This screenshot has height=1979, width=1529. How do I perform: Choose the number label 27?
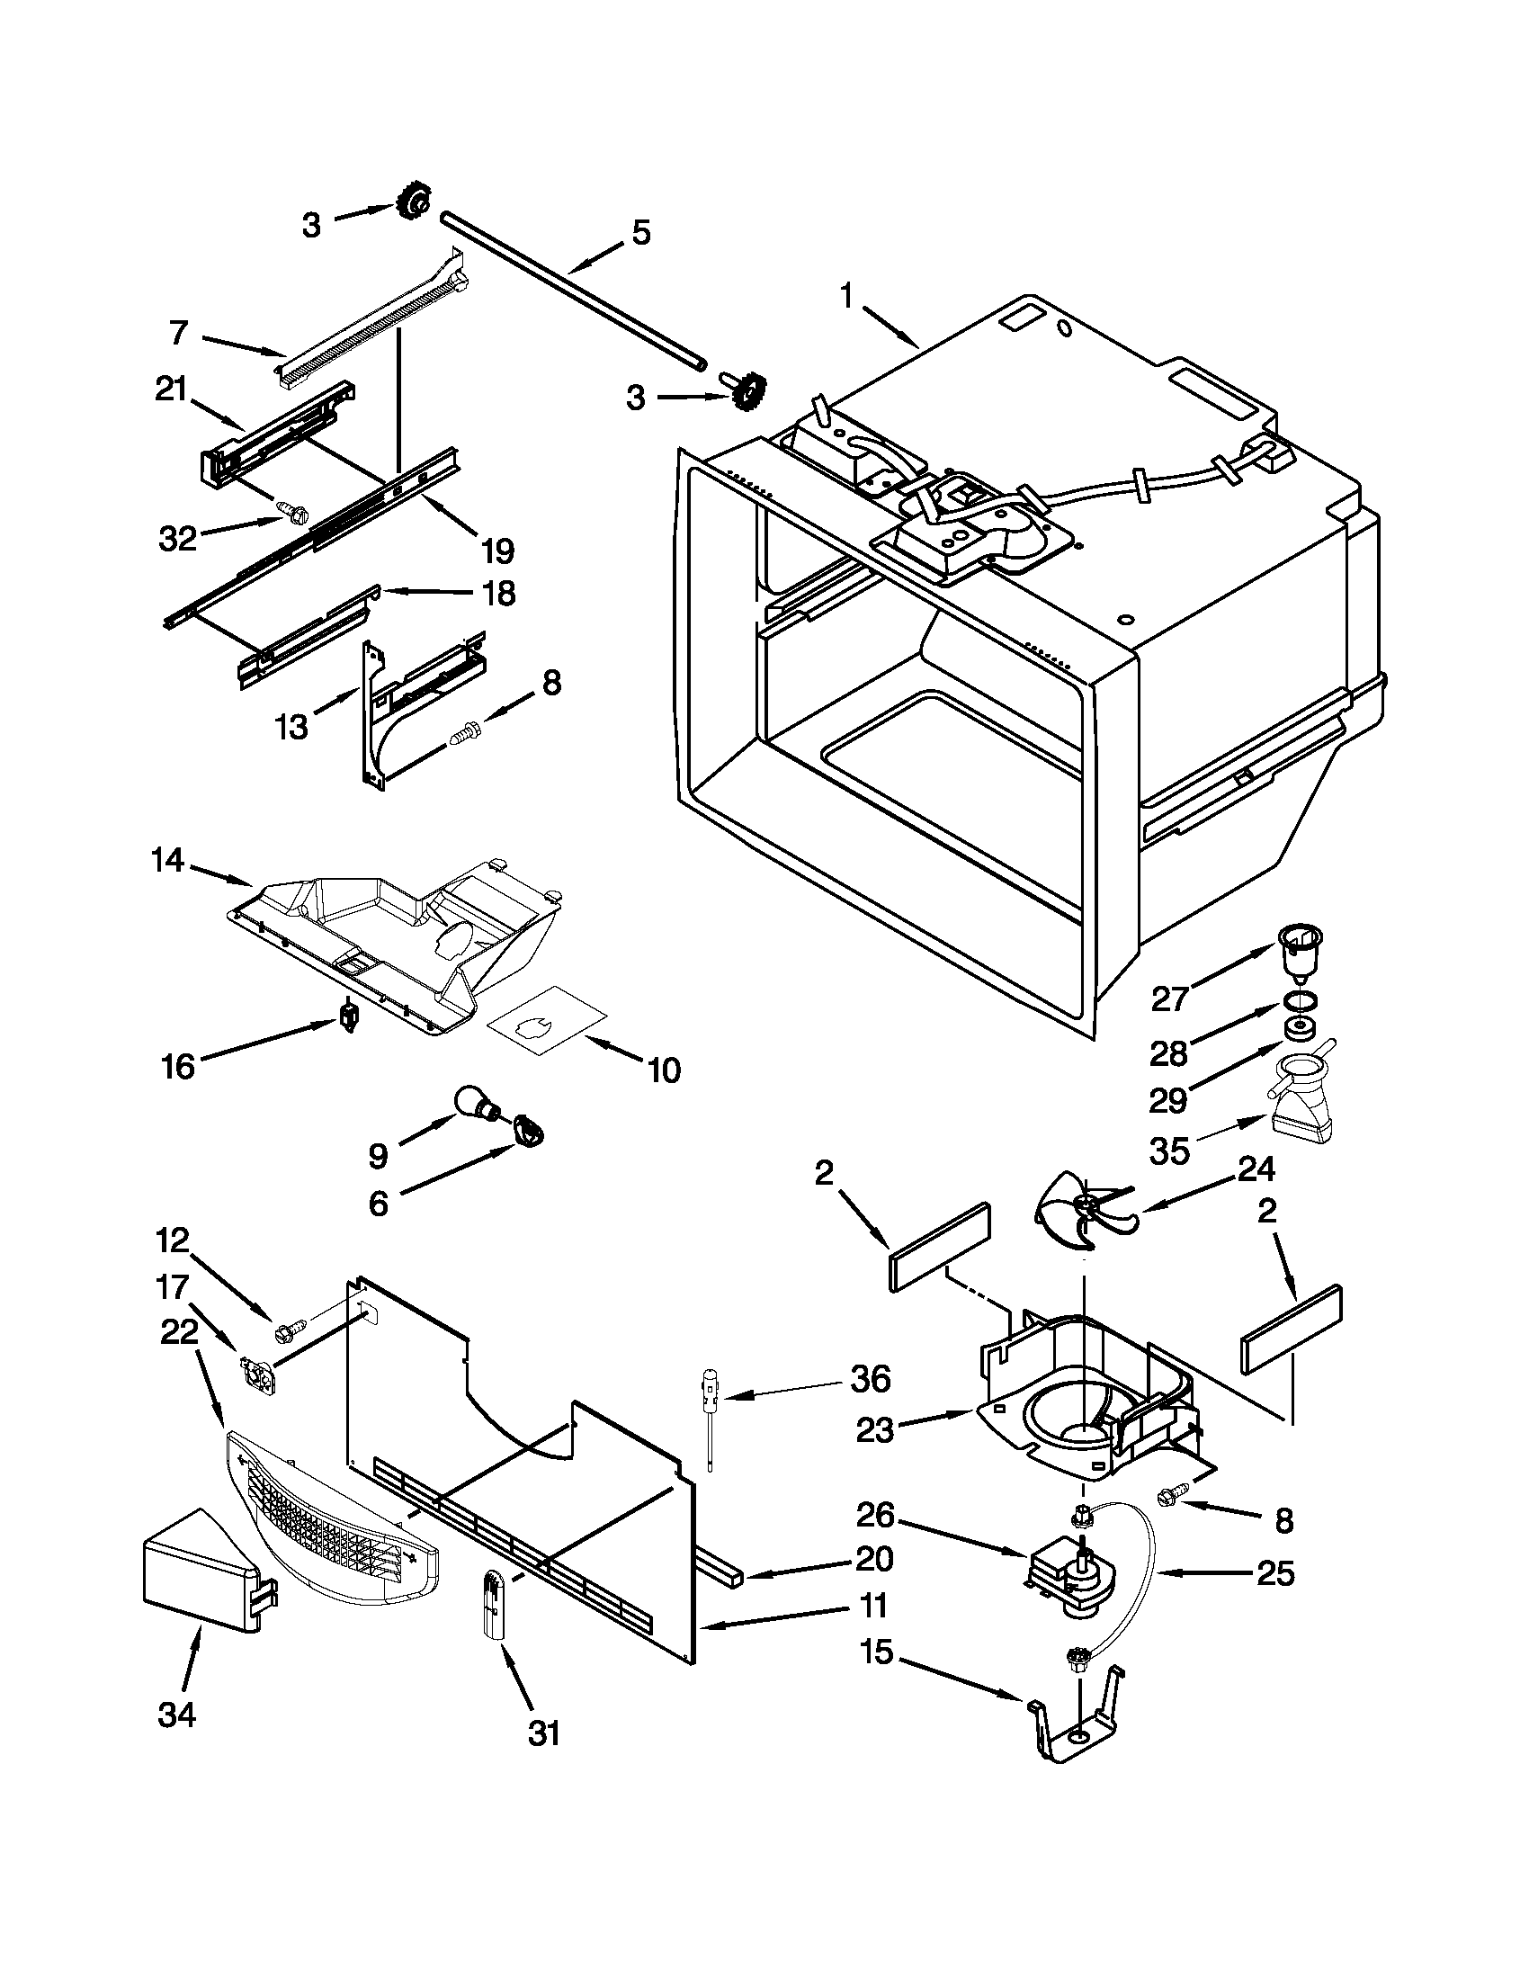click(x=1168, y=998)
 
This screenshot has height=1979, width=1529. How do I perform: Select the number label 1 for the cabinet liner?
click(x=846, y=295)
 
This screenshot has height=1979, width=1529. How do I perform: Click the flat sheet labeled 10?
click(x=547, y=1025)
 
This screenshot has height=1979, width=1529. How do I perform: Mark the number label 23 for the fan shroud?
click(x=874, y=1431)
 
